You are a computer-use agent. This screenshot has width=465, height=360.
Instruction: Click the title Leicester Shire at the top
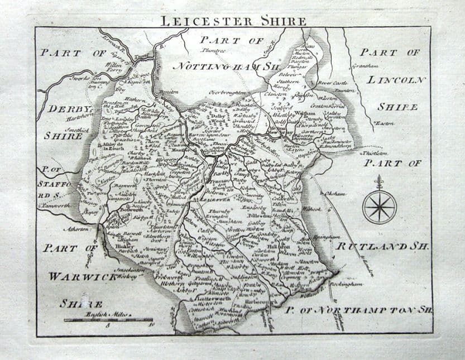[x=233, y=21]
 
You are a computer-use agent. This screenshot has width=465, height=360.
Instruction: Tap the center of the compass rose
[x=380, y=206]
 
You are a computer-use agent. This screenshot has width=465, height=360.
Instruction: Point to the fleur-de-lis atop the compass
[x=380, y=182]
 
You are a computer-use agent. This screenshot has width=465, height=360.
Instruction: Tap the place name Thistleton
[x=374, y=152]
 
